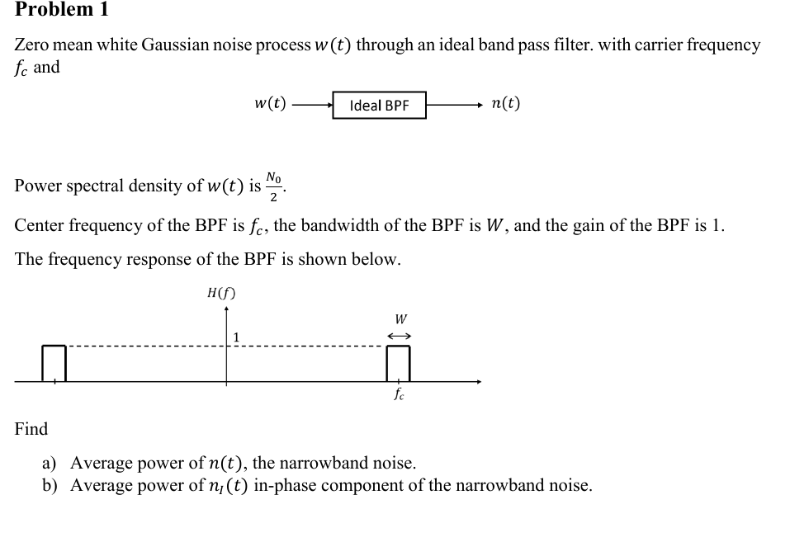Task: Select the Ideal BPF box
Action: pyautogui.click(x=379, y=106)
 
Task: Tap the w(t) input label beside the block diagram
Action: pyautogui.click(x=270, y=104)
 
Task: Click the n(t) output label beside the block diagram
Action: pyautogui.click(x=505, y=104)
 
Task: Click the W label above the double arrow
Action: pyautogui.click(x=400, y=318)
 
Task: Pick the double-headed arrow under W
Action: pyautogui.click(x=400, y=336)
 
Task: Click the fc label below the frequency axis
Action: pyautogui.click(x=400, y=394)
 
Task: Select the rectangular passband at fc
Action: pyautogui.click(x=399, y=363)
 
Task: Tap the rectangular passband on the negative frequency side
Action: pyautogui.click(x=54, y=363)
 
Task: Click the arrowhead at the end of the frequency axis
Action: pyautogui.click(x=477, y=382)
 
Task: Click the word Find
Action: pyautogui.click(x=31, y=429)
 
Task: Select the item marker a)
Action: pyautogui.click(x=50, y=463)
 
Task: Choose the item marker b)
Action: pyautogui.click(x=51, y=485)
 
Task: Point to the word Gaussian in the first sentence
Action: pyautogui.click(x=172, y=45)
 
